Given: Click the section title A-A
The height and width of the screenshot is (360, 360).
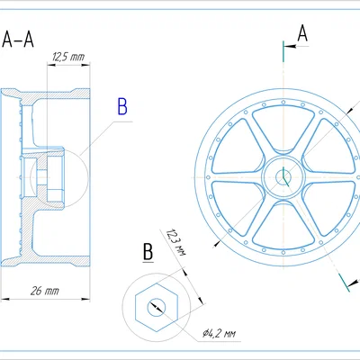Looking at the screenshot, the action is (18, 40).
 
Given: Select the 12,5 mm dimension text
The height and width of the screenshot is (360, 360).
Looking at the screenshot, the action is (68, 57).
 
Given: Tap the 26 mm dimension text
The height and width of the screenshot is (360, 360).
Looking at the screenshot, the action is (45, 291).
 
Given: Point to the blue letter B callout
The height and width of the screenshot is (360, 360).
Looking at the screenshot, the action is (122, 107).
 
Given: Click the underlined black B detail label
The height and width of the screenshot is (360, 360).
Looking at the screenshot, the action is (148, 252).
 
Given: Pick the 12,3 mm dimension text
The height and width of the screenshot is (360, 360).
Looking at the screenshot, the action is (176, 242).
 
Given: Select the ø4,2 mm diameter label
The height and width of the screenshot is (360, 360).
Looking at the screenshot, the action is (219, 333).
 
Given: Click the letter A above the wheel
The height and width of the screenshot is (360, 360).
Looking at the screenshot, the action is (302, 33).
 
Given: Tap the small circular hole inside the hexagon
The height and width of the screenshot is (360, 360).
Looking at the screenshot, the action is (157, 308).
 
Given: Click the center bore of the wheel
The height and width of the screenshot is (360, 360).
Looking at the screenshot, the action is (283, 177).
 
